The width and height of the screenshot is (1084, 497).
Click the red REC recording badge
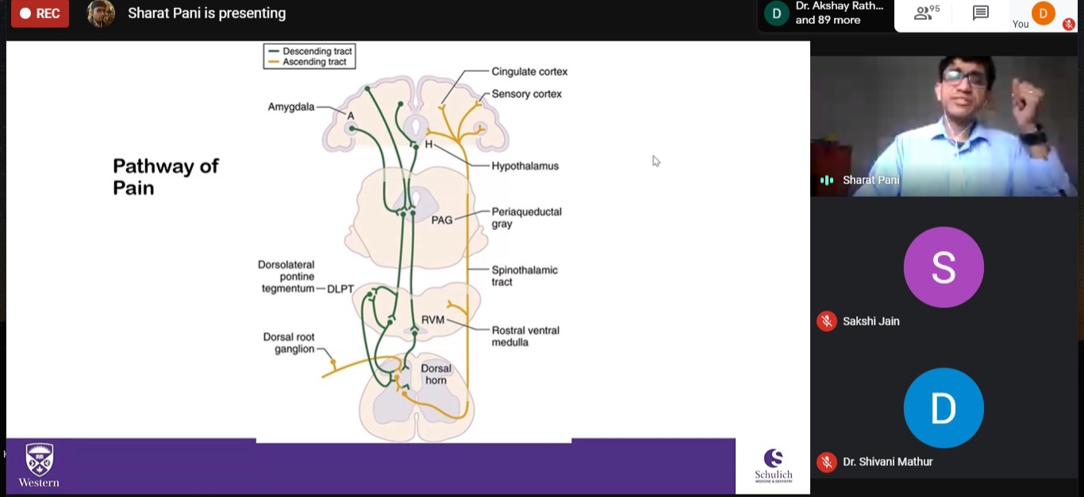tap(39, 13)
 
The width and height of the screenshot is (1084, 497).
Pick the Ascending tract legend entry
tap(314, 62)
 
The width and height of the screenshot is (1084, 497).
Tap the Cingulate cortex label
tap(529, 71)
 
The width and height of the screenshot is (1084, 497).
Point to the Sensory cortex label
tap(526, 94)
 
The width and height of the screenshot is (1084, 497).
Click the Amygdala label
tap(291, 106)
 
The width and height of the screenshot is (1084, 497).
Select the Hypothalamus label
tap(525, 166)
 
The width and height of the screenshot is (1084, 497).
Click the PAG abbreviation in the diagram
tap(442, 220)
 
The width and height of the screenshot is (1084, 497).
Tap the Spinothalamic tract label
tap(525, 275)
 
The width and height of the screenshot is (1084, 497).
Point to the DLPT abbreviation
tap(340, 289)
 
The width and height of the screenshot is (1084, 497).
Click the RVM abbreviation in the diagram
tap(432, 320)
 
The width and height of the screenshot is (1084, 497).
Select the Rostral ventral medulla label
tap(525, 336)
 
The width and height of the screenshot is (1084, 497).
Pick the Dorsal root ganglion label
tap(289, 343)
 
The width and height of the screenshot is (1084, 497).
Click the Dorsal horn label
tap(436, 374)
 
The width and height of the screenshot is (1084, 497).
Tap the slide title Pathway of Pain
tap(165, 176)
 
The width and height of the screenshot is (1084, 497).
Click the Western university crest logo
tap(39, 460)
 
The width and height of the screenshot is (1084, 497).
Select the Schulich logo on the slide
tap(773, 465)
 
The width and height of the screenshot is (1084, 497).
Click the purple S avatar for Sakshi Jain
tap(944, 268)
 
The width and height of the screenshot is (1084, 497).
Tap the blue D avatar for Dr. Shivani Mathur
tap(944, 408)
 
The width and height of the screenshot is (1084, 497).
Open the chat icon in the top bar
tap(981, 13)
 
